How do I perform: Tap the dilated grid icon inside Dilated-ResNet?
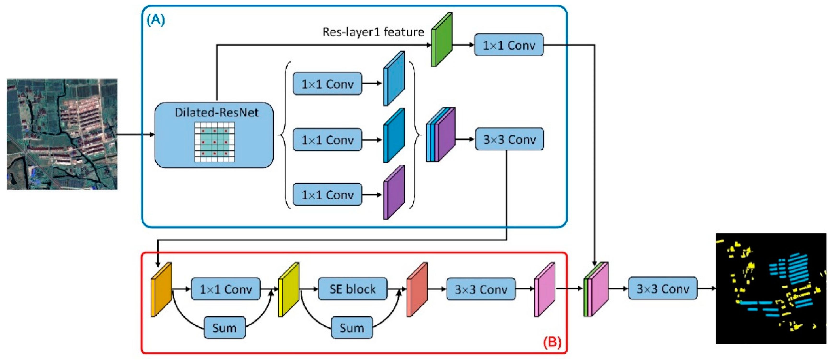[x=214, y=142]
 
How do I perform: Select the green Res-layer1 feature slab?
[x=442, y=40]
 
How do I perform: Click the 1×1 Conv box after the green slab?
[x=509, y=45]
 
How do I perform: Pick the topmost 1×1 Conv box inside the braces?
[x=327, y=84]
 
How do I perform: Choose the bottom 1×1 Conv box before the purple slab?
[x=327, y=195]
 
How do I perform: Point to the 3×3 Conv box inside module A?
[x=509, y=139]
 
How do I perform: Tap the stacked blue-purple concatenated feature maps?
[x=441, y=134]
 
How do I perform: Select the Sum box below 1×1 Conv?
[x=224, y=328]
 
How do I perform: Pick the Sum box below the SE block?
[x=352, y=328]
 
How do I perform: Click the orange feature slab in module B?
[x=161, y=289]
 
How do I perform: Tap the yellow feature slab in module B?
[x=289, y=289]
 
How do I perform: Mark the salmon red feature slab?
[x=417, y=289]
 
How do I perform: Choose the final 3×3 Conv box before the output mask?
[x=662, y=288]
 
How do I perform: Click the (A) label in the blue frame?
[x=156, y=20]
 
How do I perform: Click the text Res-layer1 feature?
[x=373, y=32]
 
